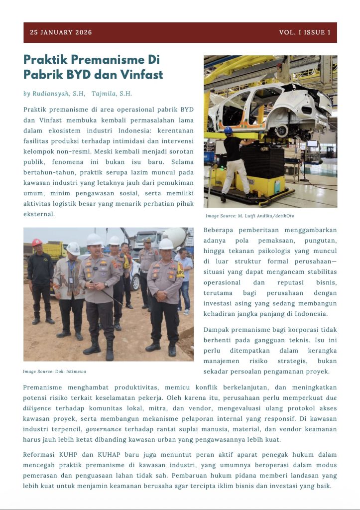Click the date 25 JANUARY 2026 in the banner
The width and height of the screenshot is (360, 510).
tap(61, 32)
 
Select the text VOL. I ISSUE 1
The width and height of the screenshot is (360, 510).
tap(305, 32)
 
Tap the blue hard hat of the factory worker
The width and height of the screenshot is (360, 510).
tap(228, 130)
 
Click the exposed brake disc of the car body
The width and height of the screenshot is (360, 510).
tap(282, 130)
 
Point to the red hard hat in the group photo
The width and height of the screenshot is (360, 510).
tap(37, 242)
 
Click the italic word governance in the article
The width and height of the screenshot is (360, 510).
tap(103, 429)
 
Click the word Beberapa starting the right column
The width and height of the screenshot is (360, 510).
tap(222, 230)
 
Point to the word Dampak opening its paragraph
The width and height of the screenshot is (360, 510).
tap(220, 330)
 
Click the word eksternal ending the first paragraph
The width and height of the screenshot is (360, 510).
tap(39, 214)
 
